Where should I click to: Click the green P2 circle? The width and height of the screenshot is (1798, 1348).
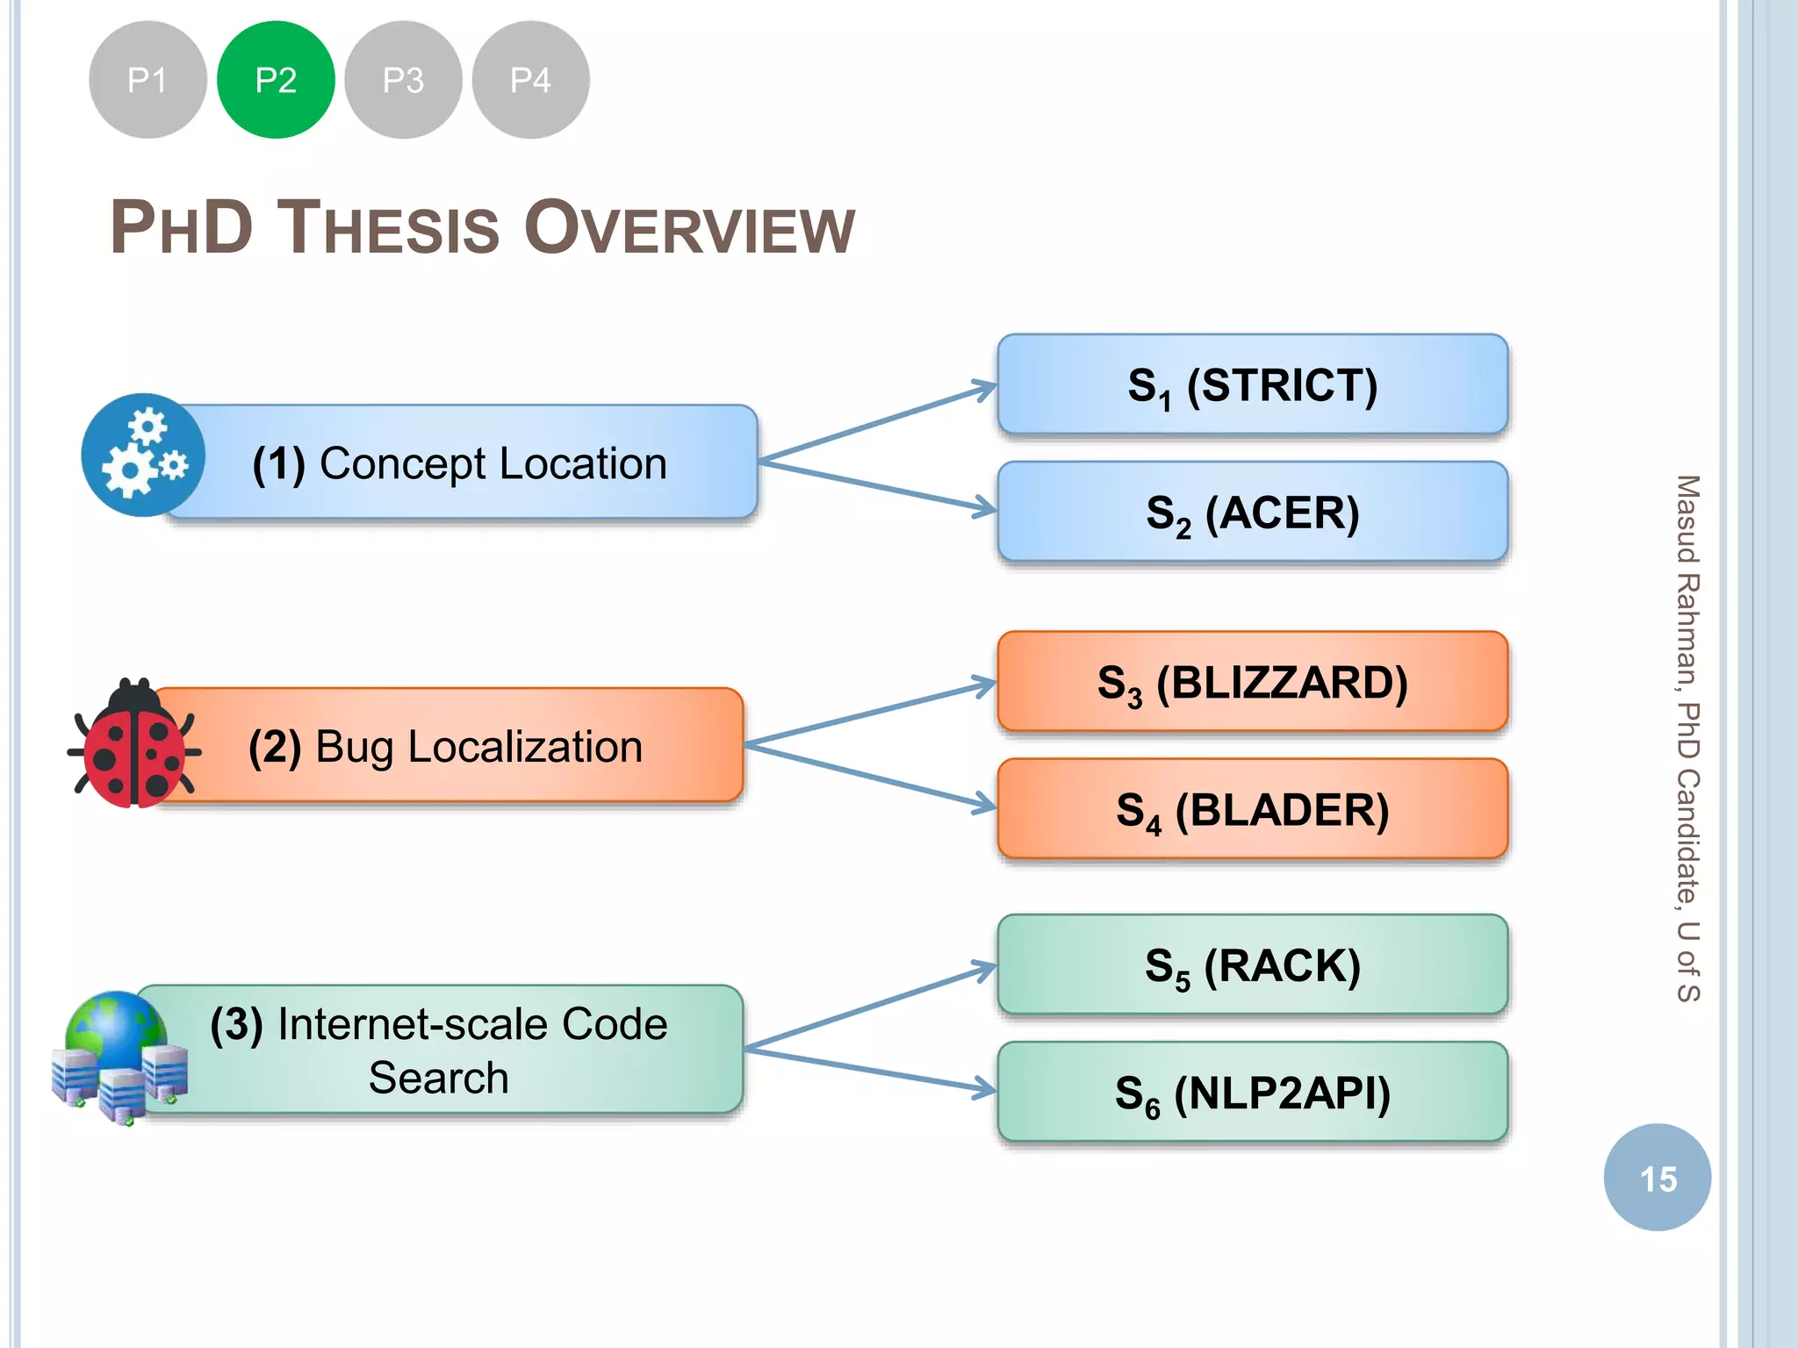click(x=276, y=80)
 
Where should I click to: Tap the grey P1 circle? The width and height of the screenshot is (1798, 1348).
click(x=147, y=80)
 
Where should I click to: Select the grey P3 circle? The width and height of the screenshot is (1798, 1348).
click(x=403, y=80)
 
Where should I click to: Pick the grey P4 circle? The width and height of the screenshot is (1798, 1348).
click(x=530, y=80)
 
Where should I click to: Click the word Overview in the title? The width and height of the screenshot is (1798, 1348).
click(x=689, y=228)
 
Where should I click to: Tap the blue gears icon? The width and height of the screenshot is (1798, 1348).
click(x=142, y=455)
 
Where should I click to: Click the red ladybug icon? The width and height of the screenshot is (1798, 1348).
click(x=133, y=744)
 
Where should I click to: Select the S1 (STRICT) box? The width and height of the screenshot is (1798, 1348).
click(x=1252, y=384)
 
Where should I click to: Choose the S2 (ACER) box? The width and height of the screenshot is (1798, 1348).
click(x=1252, y=513)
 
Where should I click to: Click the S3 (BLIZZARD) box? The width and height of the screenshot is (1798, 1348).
click(x=1252, y=682)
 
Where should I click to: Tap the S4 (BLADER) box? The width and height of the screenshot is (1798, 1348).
click(x=1252, y=809)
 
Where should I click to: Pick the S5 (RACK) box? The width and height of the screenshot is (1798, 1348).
click(x=1252, y=965)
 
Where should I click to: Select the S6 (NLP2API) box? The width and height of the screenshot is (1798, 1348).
click(x=1252, y=1093)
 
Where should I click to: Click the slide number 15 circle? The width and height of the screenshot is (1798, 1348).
click(x=1657, y=1178)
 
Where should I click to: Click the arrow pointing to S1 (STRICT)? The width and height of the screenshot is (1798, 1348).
click(x=878, y=423)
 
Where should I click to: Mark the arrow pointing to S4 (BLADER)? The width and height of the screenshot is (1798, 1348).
click(x=869, y=777)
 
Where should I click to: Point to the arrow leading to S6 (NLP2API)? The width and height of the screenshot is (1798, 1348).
click(x=869, y=1070)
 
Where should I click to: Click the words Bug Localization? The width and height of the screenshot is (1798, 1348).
click(x=478, y=747)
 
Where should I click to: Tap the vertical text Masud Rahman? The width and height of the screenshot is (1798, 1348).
click(x=1687, y=579)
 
